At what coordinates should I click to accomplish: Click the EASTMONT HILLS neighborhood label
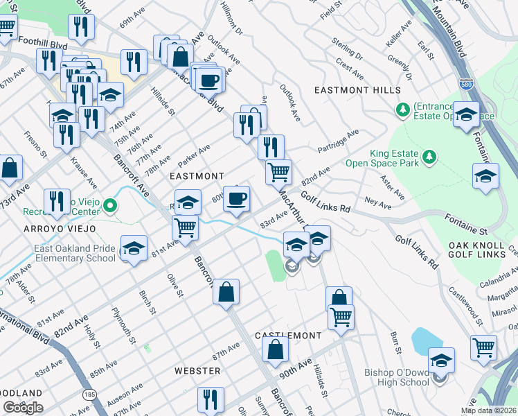coord(357,91)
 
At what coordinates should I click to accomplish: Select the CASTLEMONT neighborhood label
coord(288,336)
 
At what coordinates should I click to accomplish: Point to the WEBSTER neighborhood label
coord(197,371)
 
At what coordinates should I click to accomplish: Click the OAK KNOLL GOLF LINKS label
coord(483,252)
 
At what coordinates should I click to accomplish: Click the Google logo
coord(23,408)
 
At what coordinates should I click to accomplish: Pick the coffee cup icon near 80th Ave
coord(238,199)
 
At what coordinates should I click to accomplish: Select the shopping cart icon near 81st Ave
coord(185,227)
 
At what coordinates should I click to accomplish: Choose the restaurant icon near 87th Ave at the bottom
coord(211,399)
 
